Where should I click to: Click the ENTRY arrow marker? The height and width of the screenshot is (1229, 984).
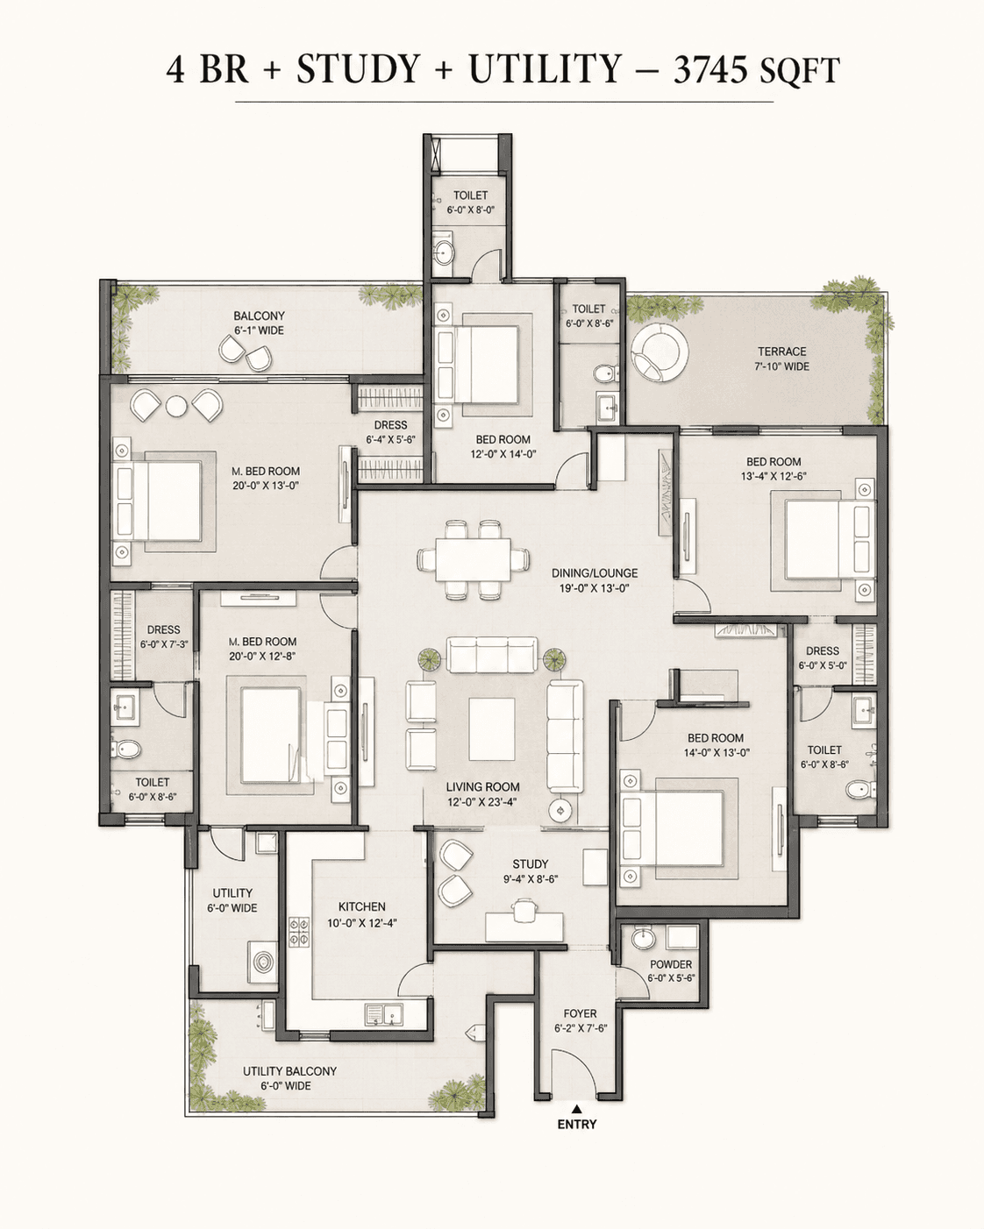tap(577, 1109)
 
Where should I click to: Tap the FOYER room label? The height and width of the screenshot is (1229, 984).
tap(580, 1013)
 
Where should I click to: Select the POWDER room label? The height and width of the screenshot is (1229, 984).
tap(671, 964)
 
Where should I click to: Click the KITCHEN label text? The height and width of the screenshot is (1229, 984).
tap(361, 907)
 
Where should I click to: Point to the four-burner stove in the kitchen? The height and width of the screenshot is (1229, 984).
tap(299, 933)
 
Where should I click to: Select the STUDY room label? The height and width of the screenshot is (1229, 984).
tap(531, 864)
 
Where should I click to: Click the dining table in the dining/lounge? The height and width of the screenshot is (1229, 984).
tap(473, 559)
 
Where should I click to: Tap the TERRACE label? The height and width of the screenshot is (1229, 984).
tap(781, 352)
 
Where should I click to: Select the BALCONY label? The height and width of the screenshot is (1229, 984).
tap(259, 316)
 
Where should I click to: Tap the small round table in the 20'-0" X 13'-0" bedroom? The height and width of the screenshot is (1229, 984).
tap(176, 406)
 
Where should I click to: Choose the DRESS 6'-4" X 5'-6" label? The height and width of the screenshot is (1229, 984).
tap(391, 432)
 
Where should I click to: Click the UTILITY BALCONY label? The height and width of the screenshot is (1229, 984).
tap(289, 1078)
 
